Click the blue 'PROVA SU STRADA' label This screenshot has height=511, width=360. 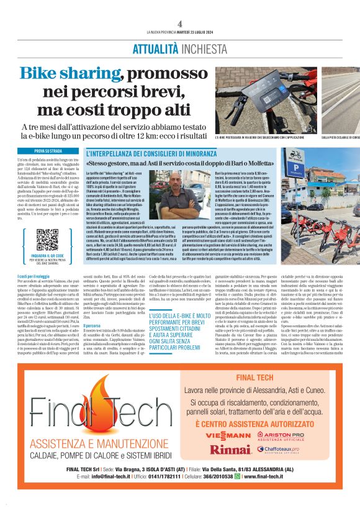click(47, 150)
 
